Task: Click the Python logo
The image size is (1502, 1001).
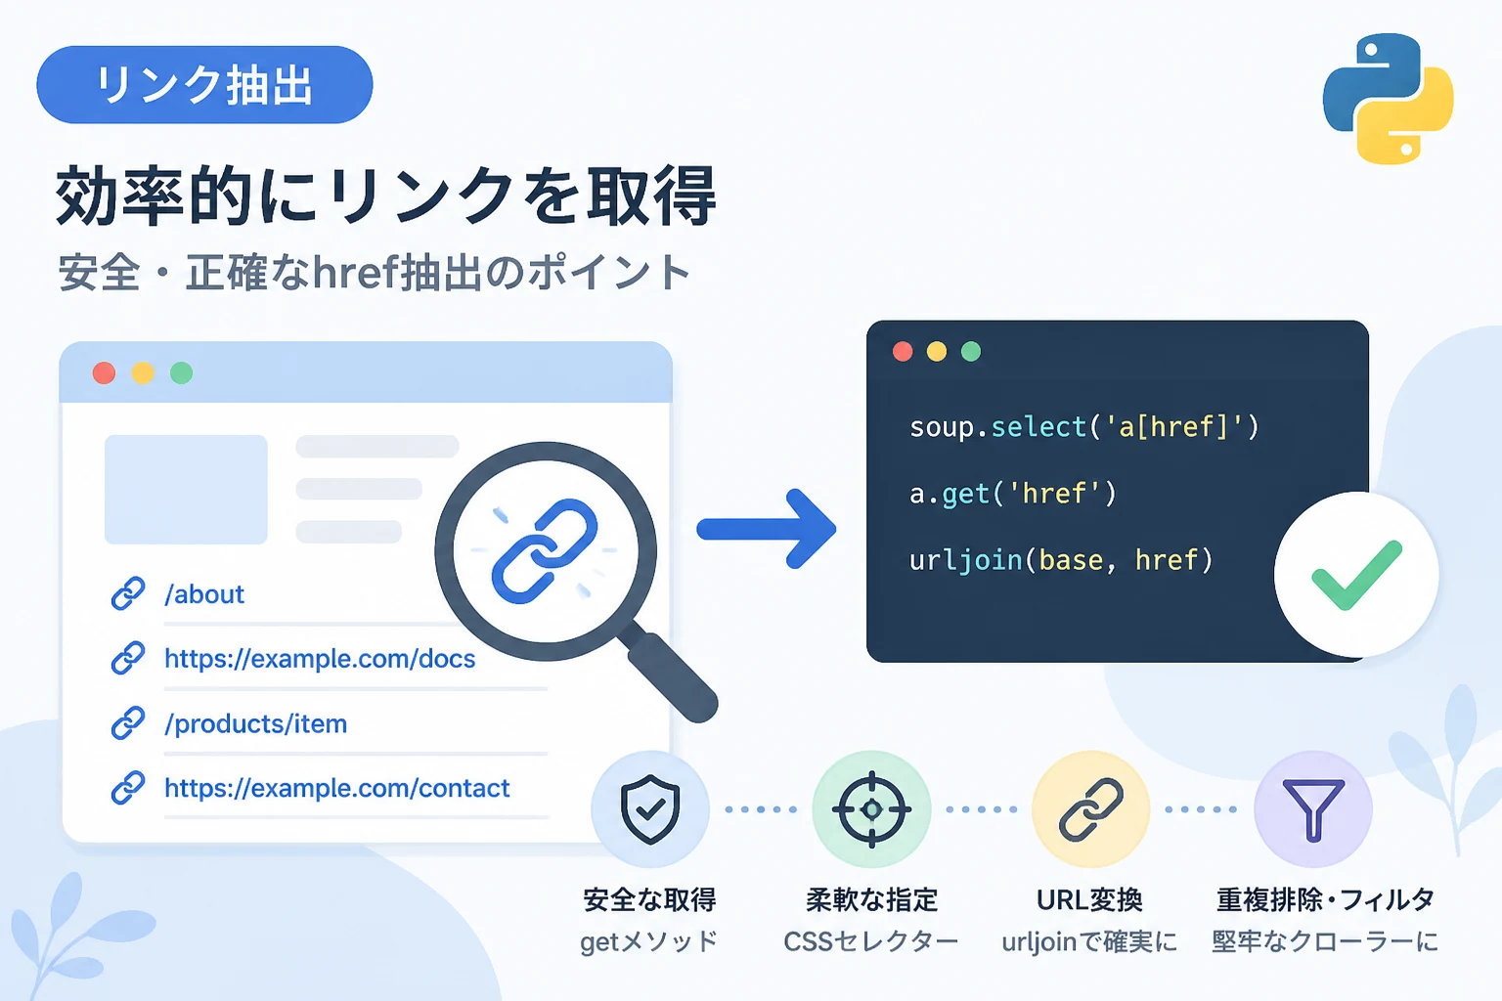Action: pos(1388,99)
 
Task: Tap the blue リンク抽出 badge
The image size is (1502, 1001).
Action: pos(204,84)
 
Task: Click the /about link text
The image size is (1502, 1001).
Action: pos(204,594)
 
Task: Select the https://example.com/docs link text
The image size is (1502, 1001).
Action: pos(320,659)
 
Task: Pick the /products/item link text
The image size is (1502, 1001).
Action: pos(255,723)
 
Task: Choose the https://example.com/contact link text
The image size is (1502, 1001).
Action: pos(336,788)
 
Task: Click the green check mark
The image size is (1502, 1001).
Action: pos(1356,575)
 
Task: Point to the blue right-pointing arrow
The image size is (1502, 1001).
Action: pos(767,529)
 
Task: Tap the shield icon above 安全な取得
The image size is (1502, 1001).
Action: pos(649,809)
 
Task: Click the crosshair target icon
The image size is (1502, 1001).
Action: pos(871,809)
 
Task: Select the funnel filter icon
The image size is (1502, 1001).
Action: pos(1313,810)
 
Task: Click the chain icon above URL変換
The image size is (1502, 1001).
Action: pos(1091,809)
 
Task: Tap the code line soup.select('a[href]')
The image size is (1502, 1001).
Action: pos(1084,427)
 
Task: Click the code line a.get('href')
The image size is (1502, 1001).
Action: pos(1012,494)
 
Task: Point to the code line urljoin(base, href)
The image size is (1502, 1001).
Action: pos(1061,560)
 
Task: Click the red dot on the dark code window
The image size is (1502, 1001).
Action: pos(903,351)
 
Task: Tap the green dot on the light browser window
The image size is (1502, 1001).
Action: pos(181,372)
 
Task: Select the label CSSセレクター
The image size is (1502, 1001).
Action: pos(871,942)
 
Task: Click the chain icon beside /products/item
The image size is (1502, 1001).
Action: pos(127,722)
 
